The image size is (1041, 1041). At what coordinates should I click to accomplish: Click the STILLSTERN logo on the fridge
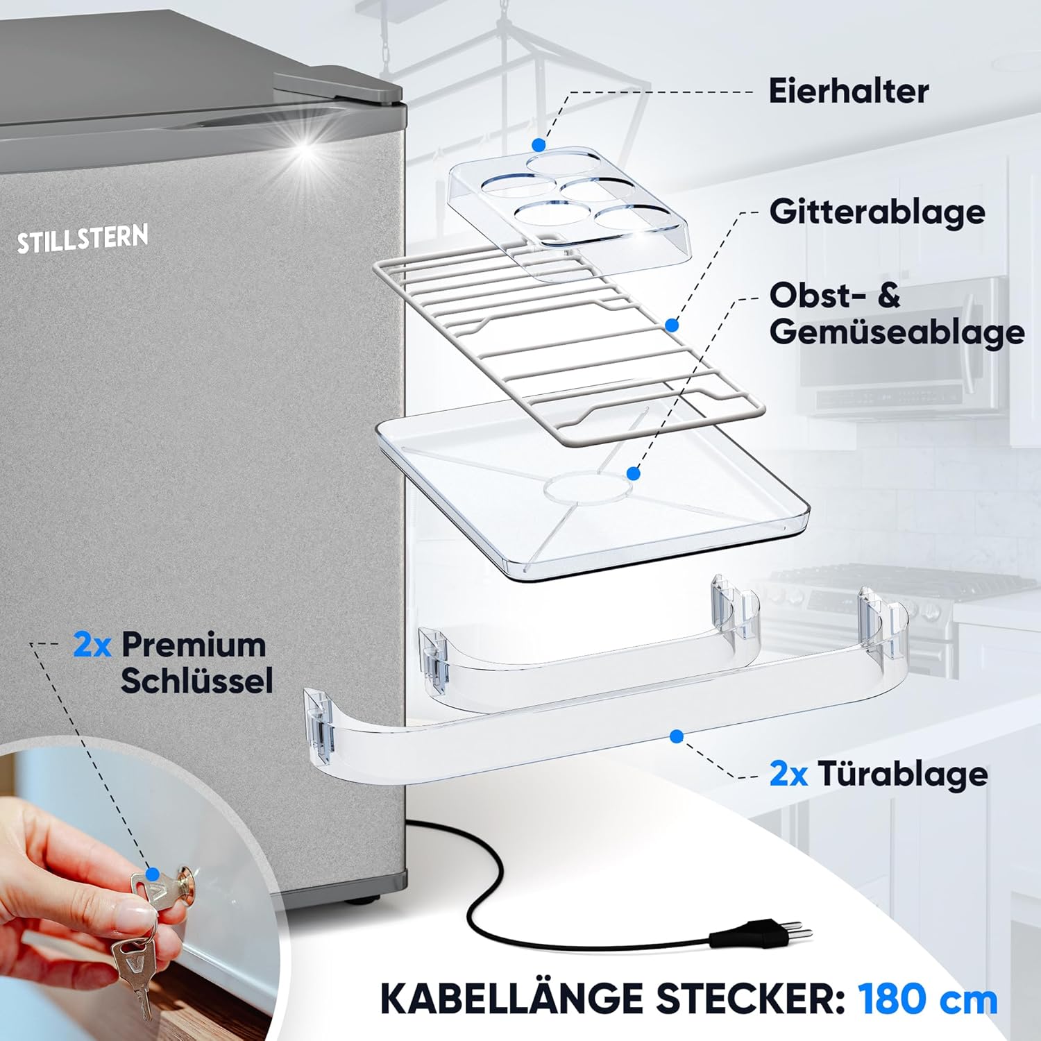point(83,239)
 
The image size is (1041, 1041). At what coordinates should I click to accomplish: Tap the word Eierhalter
point(848,92)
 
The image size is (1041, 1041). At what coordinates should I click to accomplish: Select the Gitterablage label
point(877,212)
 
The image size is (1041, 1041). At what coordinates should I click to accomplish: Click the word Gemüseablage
point(897,332)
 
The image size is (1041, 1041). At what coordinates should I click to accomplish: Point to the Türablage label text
point(902,774)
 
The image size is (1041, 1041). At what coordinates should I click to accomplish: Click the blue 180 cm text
point(928,999)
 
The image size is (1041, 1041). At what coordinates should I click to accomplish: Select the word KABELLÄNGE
point(514,999)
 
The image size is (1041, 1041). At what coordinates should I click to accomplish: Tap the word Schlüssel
point(196,681)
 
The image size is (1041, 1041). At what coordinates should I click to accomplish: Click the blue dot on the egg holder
point(539,145)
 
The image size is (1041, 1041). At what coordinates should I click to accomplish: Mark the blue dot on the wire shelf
point(671,325)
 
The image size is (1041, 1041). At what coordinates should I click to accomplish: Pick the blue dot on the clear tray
point(632,473)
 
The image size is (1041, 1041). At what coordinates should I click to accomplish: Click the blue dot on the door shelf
point(677,736)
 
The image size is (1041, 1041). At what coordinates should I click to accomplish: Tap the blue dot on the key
point(153,874)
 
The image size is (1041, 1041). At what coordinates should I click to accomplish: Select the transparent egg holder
point(566,201)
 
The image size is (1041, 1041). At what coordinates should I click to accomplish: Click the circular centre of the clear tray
point(586,488)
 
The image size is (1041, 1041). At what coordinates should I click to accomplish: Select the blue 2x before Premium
point(92,645)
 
